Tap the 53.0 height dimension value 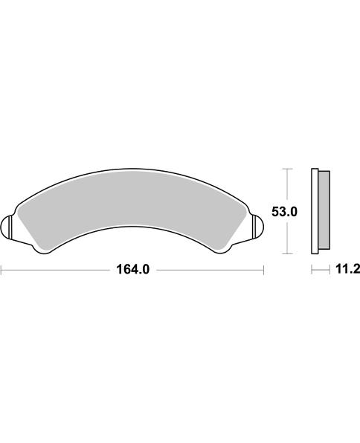[284, 212]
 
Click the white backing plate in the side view [313, 210]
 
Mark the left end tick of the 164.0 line [1, 271]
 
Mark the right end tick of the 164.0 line [265, 271]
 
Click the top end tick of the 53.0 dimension [286, 169]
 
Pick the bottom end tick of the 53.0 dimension [286, 253]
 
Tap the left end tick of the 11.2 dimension [311, 271]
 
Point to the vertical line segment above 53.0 [286, 186]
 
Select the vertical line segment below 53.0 [286, 236]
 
